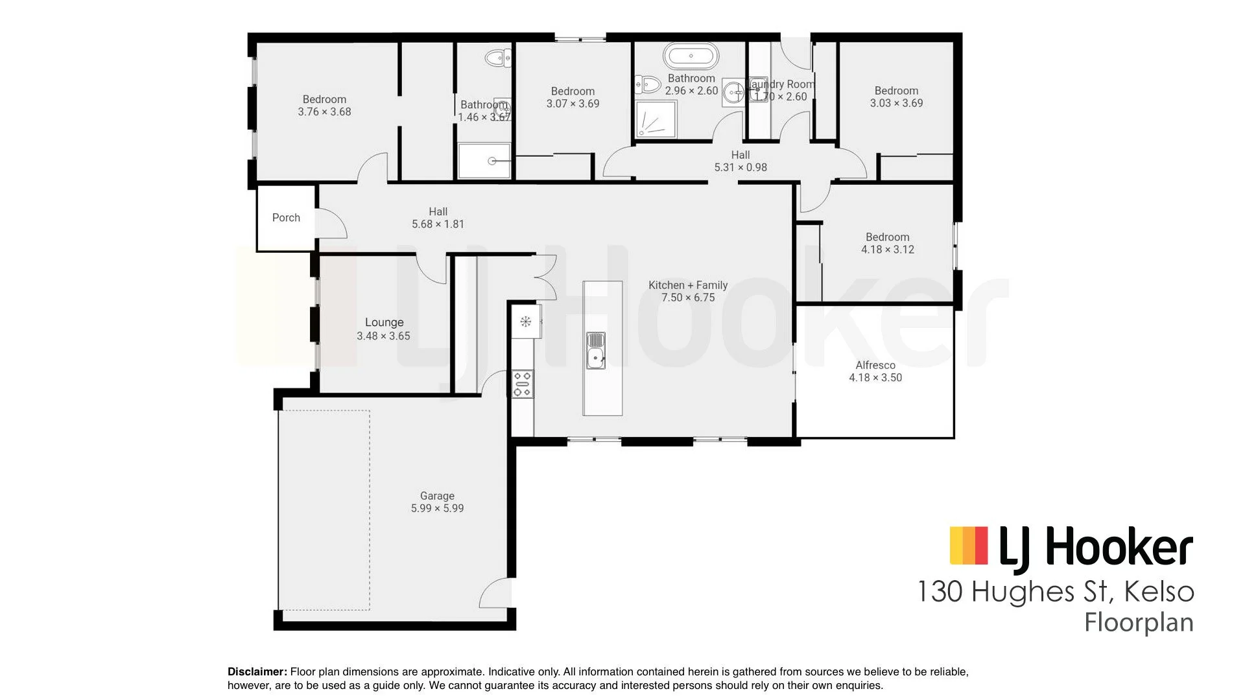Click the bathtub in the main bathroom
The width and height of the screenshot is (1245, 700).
[x=691, y=56]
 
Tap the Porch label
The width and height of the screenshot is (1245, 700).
[x=286, y=218]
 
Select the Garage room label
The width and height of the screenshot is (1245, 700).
[x=437, y=496]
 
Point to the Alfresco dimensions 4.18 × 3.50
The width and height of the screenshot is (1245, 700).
[x=875, y=378]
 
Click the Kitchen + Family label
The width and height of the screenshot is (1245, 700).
[x=688, y=285]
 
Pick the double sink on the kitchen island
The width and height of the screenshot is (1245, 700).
[x=596, y=350]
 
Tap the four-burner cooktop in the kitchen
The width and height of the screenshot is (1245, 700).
[x=523, y=383]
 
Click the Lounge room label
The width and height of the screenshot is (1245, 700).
[x=384, y=322]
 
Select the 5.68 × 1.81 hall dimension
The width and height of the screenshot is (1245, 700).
[x=438, y=224]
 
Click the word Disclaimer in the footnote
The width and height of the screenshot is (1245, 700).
[x=257, y=672]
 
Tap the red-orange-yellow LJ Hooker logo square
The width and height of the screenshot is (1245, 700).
[x=968, y=545]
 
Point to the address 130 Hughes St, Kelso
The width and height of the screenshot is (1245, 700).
[x=1055, y=592]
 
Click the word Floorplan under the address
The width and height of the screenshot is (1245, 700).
[x=1139, y=623]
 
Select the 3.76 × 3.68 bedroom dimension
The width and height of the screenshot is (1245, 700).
[x=324, y=112]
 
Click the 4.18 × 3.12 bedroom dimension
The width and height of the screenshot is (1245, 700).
[x=887, y=250]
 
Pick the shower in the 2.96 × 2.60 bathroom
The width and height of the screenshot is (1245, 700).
[x=656, y=119]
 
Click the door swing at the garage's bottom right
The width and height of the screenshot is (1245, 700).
[x=496, y=593]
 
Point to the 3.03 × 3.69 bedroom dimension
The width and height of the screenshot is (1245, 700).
[x=896, y=103]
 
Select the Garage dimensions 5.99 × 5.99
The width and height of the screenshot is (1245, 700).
[x=437, y=509]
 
